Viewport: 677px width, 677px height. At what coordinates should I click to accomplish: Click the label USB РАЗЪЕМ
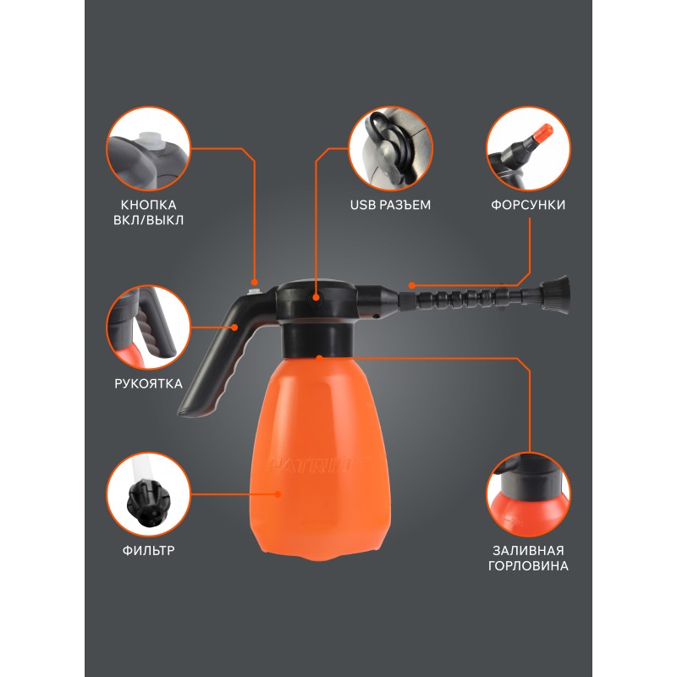click(390, 205)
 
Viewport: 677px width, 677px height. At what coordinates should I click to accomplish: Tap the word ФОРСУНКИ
click(528, 205)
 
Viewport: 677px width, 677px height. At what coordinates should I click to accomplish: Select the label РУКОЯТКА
click(149, 383)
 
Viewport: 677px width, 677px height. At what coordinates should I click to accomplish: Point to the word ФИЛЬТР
click(149, 551)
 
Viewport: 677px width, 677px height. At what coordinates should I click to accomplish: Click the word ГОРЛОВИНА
click(528, 565)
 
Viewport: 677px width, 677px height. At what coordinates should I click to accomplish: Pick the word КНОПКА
click(149, 205)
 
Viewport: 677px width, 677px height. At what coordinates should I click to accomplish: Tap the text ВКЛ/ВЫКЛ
click(149, 220)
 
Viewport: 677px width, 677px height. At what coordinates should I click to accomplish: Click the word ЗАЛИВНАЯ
click(528, 551)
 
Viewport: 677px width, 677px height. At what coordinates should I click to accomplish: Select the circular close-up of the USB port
click(391, 149)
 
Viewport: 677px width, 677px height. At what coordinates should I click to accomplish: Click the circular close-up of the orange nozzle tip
click(528, 149)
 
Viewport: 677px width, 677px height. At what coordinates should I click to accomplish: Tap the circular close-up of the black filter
click(149, 494)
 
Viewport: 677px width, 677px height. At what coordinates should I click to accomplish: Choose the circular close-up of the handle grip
click(149, 327)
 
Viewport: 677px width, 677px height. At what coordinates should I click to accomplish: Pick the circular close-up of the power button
click(149, 149)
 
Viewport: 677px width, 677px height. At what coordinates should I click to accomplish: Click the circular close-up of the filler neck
click(528, 494)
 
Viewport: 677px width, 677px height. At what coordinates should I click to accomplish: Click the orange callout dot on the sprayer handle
click(234, 327)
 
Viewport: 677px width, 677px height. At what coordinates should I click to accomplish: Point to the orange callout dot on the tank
click(278, 494)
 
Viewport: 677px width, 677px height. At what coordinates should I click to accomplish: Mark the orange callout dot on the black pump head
click(316, 298)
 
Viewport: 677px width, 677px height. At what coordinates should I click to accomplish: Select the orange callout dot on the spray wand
click(411, 285)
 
